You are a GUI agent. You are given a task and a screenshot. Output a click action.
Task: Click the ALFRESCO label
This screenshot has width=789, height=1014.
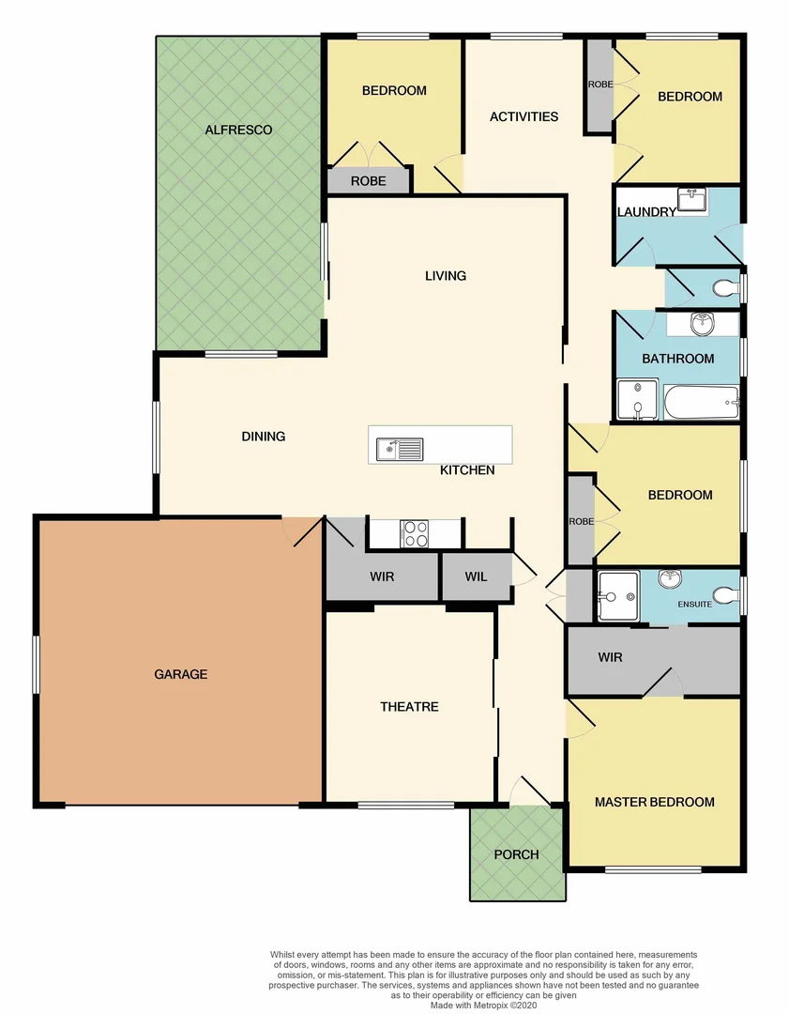pyautogui.click(x=238, y=130)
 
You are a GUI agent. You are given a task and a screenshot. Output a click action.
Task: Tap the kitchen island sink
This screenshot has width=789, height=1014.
pyautogui.click(x=399, y=449)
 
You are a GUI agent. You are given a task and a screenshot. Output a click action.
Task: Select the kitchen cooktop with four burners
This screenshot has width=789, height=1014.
pyautogui.click(x=415, y=533)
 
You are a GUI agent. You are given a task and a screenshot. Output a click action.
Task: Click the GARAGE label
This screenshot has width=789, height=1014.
pyautogui.click(x=181, y=674)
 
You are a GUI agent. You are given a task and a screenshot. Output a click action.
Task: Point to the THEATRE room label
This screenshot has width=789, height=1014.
pyautogui.click(x=409, y=706)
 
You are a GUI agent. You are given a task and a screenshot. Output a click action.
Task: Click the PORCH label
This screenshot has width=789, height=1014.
pyautogui.click(x=516, y=854)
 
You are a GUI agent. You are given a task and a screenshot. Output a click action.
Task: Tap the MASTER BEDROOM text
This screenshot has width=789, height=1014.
pyautogui.click(x=654, y=802)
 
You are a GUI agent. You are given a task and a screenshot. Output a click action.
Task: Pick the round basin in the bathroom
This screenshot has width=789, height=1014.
pyautogui.click(x=701, y=325)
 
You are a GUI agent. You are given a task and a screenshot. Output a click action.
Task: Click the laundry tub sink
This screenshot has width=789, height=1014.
pyautogui.click(x=691, y=199)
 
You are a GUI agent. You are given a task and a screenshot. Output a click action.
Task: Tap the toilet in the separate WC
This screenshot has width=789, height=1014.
pyautogui.click(x=723, y=287)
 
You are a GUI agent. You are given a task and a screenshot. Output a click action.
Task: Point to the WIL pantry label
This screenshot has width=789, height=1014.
pyautogui.click(x=476, y=576)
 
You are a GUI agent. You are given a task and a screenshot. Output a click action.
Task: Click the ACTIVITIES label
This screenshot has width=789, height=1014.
pyautogui.click(x=523, y=116)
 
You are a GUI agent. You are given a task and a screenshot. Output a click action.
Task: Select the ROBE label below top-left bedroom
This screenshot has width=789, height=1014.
pyautogui.click(x=368, y=180)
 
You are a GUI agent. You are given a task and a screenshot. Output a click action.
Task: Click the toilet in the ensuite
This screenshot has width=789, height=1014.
pyautogui.click(x=724, y=593)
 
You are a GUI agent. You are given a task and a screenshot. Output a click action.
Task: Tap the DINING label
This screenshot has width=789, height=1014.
pyautogui.click(x=263, y=436)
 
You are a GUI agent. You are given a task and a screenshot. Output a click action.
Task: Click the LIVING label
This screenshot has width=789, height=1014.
pyautogui.click(x=445, y=275)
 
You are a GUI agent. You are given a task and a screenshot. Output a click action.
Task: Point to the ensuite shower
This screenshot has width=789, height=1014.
pyautogui.click(x=617, y=595)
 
